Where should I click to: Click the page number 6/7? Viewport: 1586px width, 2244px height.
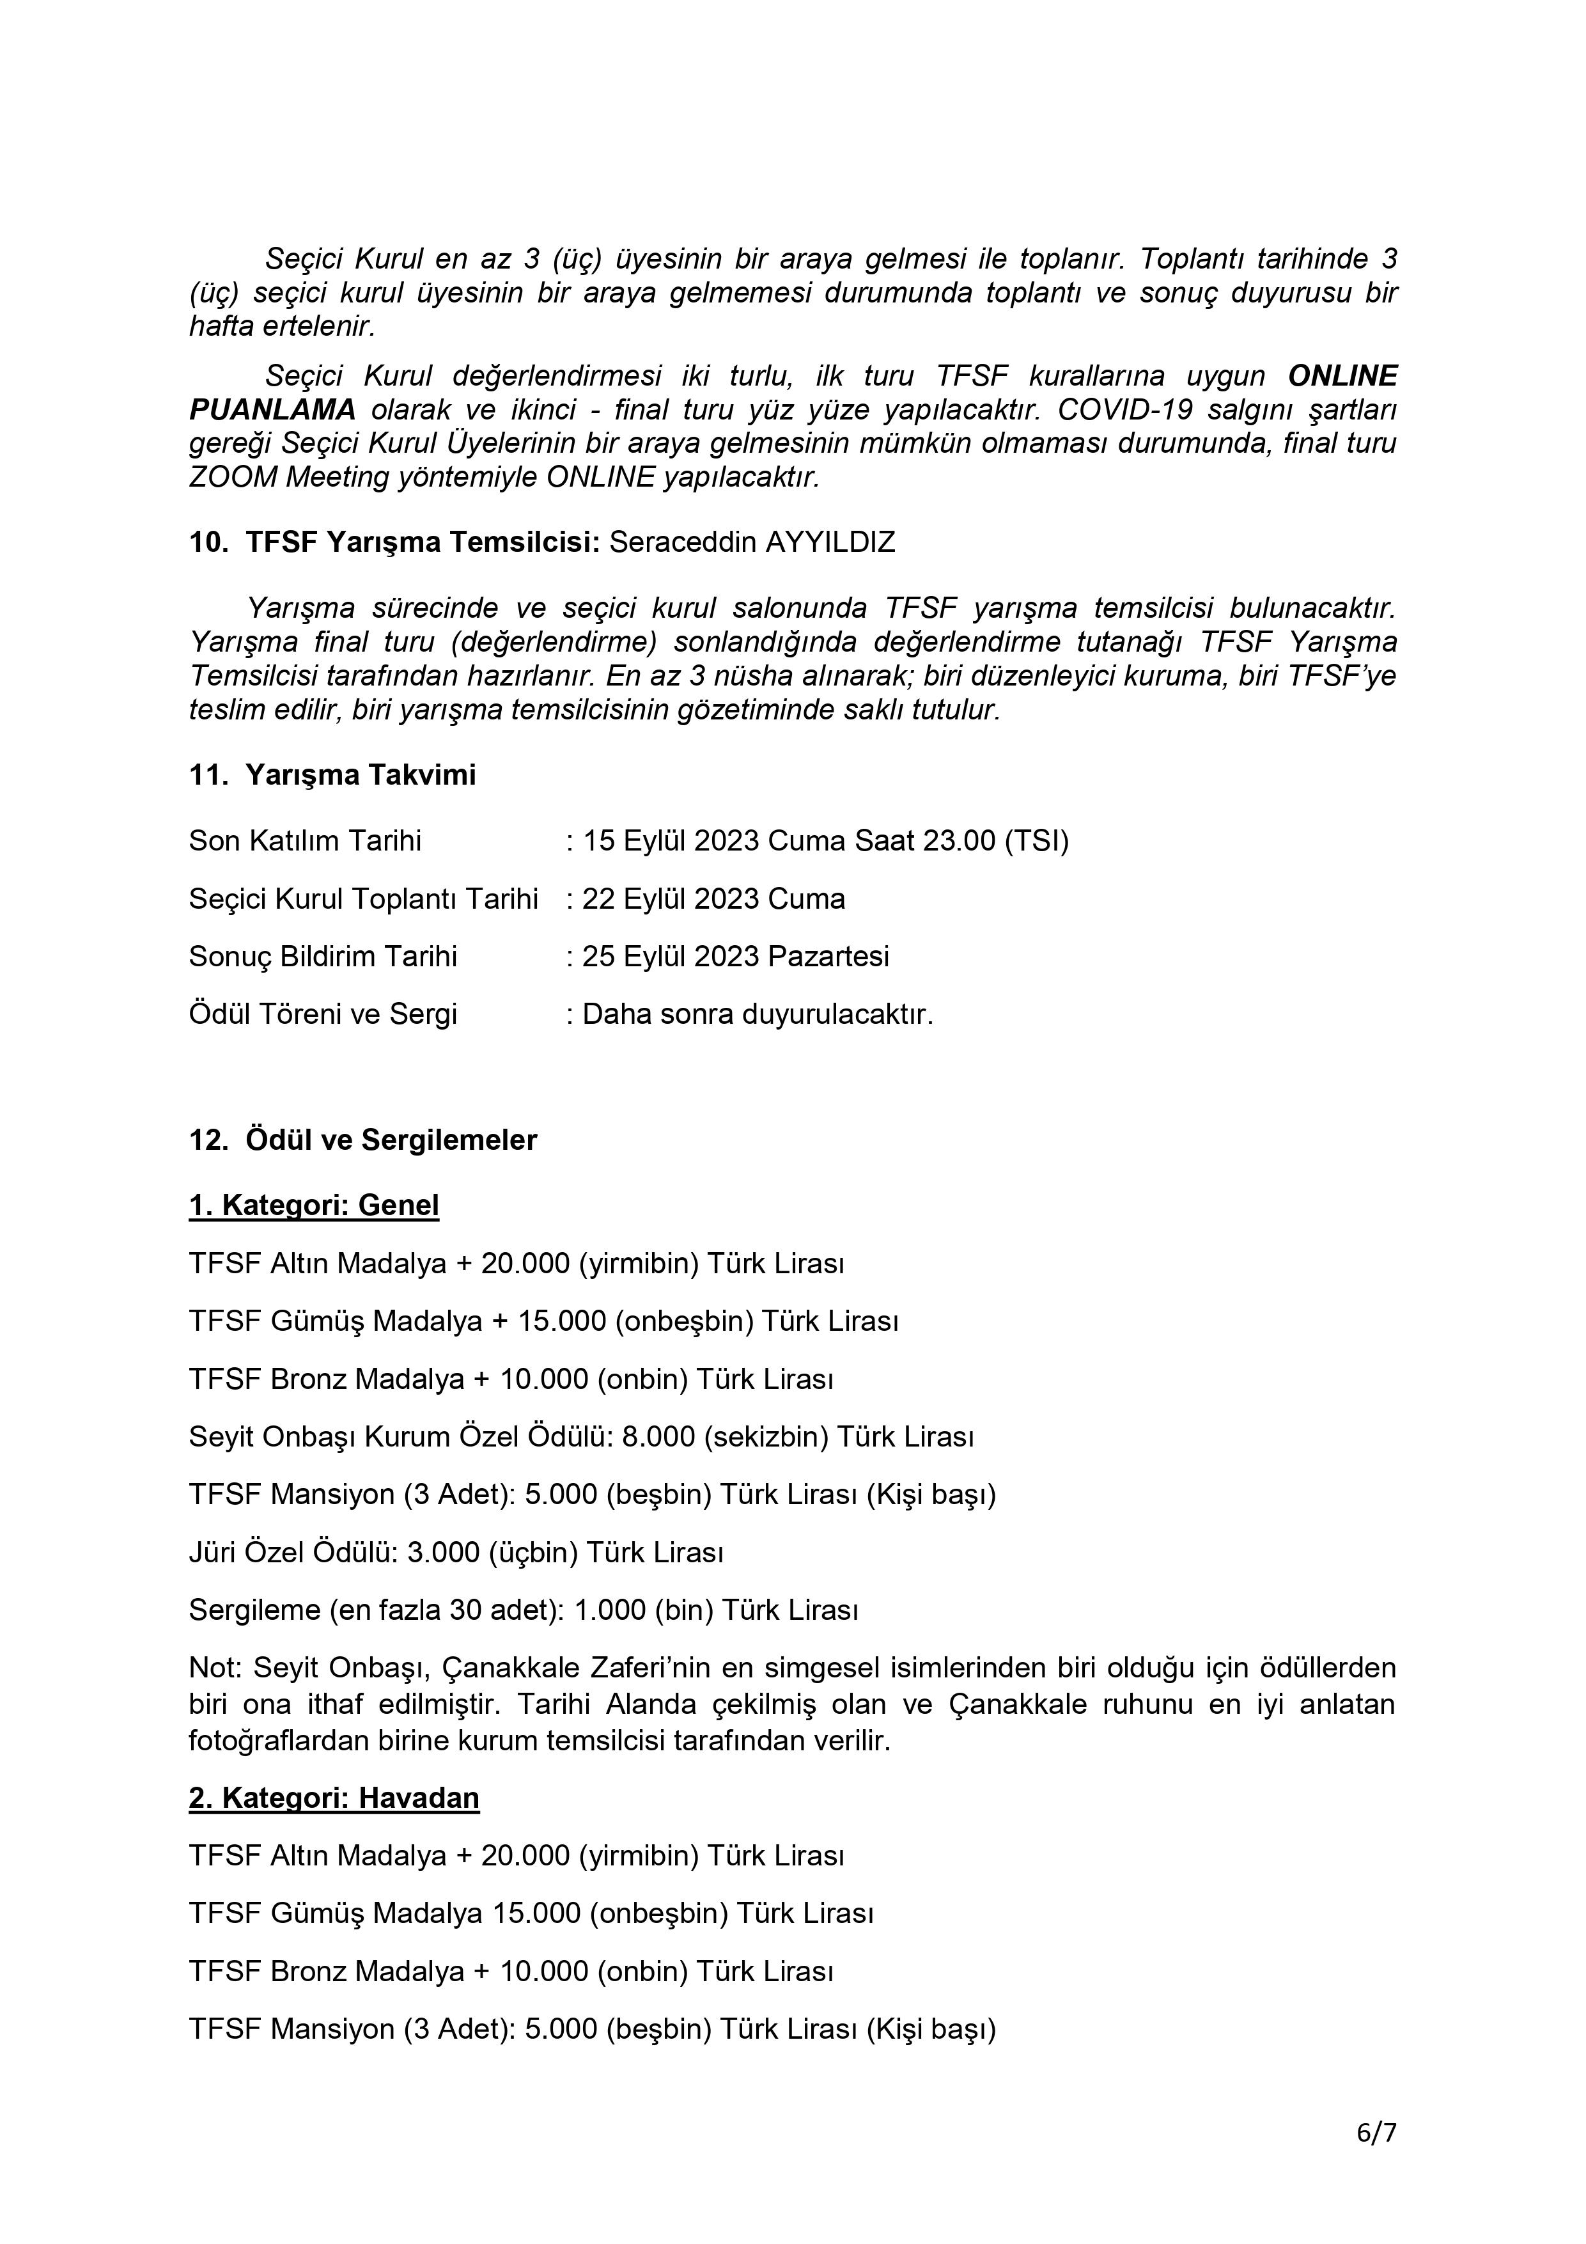pos(1376,2133)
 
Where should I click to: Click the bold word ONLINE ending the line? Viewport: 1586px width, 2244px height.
pos(1342,376)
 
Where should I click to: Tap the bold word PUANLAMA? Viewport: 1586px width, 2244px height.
pos(272,409)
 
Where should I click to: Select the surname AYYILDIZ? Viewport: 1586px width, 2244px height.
pos(830,542)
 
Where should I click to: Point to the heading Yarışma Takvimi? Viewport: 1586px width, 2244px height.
pos(361,775)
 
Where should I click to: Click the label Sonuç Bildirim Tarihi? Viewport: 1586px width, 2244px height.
pos(323,956)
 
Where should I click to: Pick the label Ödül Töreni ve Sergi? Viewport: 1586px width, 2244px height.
pos(323,1014)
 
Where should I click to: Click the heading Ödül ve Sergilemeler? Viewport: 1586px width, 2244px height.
pos(391,1141)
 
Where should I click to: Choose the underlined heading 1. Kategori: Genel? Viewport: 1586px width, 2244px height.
pos(314,1205)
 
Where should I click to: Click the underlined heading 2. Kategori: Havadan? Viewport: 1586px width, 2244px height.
pos(334,1798)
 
